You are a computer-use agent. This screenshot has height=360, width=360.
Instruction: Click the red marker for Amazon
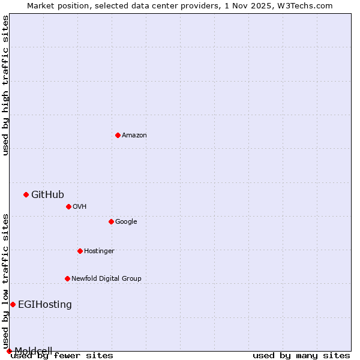tap(118, 135)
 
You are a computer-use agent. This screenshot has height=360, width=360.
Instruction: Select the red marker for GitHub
tap(26, 194)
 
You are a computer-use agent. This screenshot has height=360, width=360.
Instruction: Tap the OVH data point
tap(68, 206)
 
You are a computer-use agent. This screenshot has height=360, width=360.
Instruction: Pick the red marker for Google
tap(111, 221)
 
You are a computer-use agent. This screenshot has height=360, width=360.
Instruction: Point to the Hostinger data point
tap(80, 251)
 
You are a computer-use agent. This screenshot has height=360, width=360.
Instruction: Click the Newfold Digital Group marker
tap(67, 278)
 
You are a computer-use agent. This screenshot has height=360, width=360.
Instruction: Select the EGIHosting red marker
tap(13, 304)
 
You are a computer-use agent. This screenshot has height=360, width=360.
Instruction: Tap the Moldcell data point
tap(9, 351)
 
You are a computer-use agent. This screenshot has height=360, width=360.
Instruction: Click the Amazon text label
tap(134, 136)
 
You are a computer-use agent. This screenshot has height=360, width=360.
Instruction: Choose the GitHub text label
tap(47, 194)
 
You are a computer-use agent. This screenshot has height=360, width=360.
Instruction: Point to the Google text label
tap(126, 222)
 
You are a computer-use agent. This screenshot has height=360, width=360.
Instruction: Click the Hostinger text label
tap(99, 251)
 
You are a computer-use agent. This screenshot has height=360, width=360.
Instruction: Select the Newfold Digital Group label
tap(106, 279)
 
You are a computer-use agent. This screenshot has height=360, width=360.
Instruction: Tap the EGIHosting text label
tap(45, 305)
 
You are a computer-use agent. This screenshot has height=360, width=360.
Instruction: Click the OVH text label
tap(80, 207)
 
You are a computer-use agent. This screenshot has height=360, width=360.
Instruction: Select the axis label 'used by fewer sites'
tap(62, 356)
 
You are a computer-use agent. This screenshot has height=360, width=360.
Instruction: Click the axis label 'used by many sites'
tap(301, 356)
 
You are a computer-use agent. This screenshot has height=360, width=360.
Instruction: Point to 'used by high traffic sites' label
tap(5, 85)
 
